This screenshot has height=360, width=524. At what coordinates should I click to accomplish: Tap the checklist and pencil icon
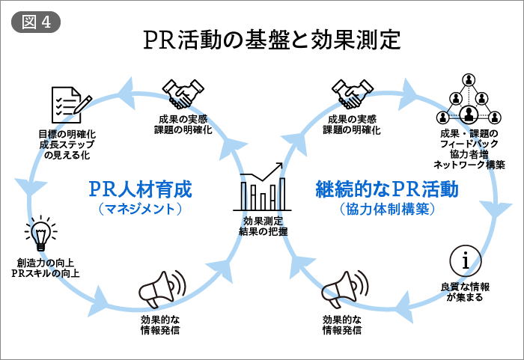(70, 106)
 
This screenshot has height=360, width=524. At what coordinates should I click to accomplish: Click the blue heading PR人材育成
(141, 188)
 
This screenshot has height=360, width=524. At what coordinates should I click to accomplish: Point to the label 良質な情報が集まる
(465, 292)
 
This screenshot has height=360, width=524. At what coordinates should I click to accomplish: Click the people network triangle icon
(469, 100)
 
